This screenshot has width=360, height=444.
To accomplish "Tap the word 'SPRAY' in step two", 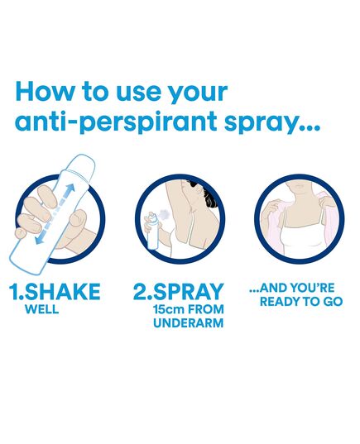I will pyautogui.click(x=188, y=291).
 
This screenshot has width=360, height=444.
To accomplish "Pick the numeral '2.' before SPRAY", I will pyautogui.click(x=142, y=291).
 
